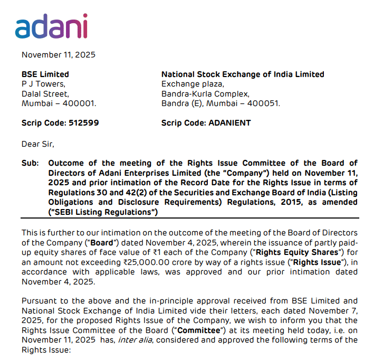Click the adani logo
(x=51, y=26)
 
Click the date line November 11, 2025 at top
(x=58, y=54)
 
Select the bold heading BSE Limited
(x=45, y=74)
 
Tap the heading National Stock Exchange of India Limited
(x=243, y=74)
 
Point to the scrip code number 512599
(x=83, y=123)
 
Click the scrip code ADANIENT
(x=229, y=123)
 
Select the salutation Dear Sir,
(x=37, y=144)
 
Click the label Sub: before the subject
(x=30, y=163)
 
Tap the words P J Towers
(x=43, y=84)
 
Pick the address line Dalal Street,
(x=45, y=93)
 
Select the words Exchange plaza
(x=193, y=84)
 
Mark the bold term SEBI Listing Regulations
(x=90, y=212)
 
